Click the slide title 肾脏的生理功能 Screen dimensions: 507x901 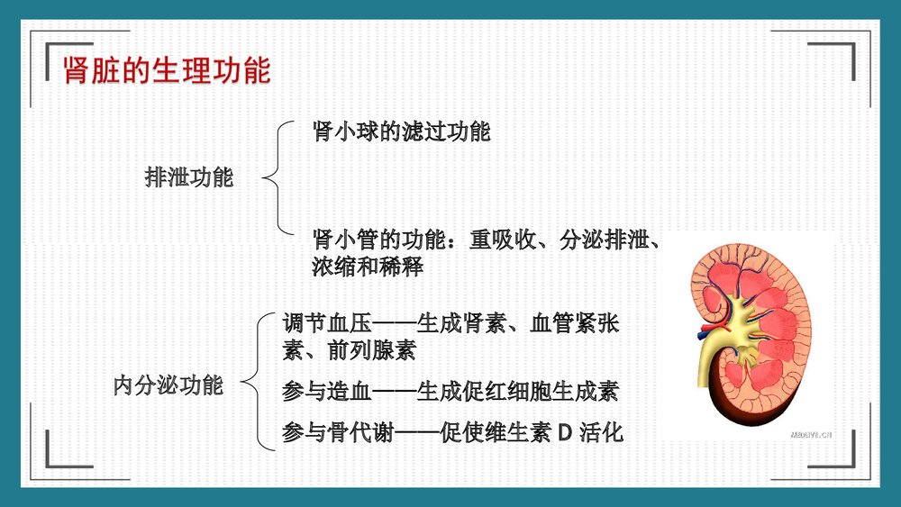point(167,71)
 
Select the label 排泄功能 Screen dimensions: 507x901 point(189,177)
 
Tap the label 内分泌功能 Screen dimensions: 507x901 point(168,385)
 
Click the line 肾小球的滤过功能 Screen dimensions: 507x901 point(401,131)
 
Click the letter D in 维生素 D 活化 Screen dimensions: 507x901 point(566,433)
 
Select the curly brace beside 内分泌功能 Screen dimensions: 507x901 point(259,380)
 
